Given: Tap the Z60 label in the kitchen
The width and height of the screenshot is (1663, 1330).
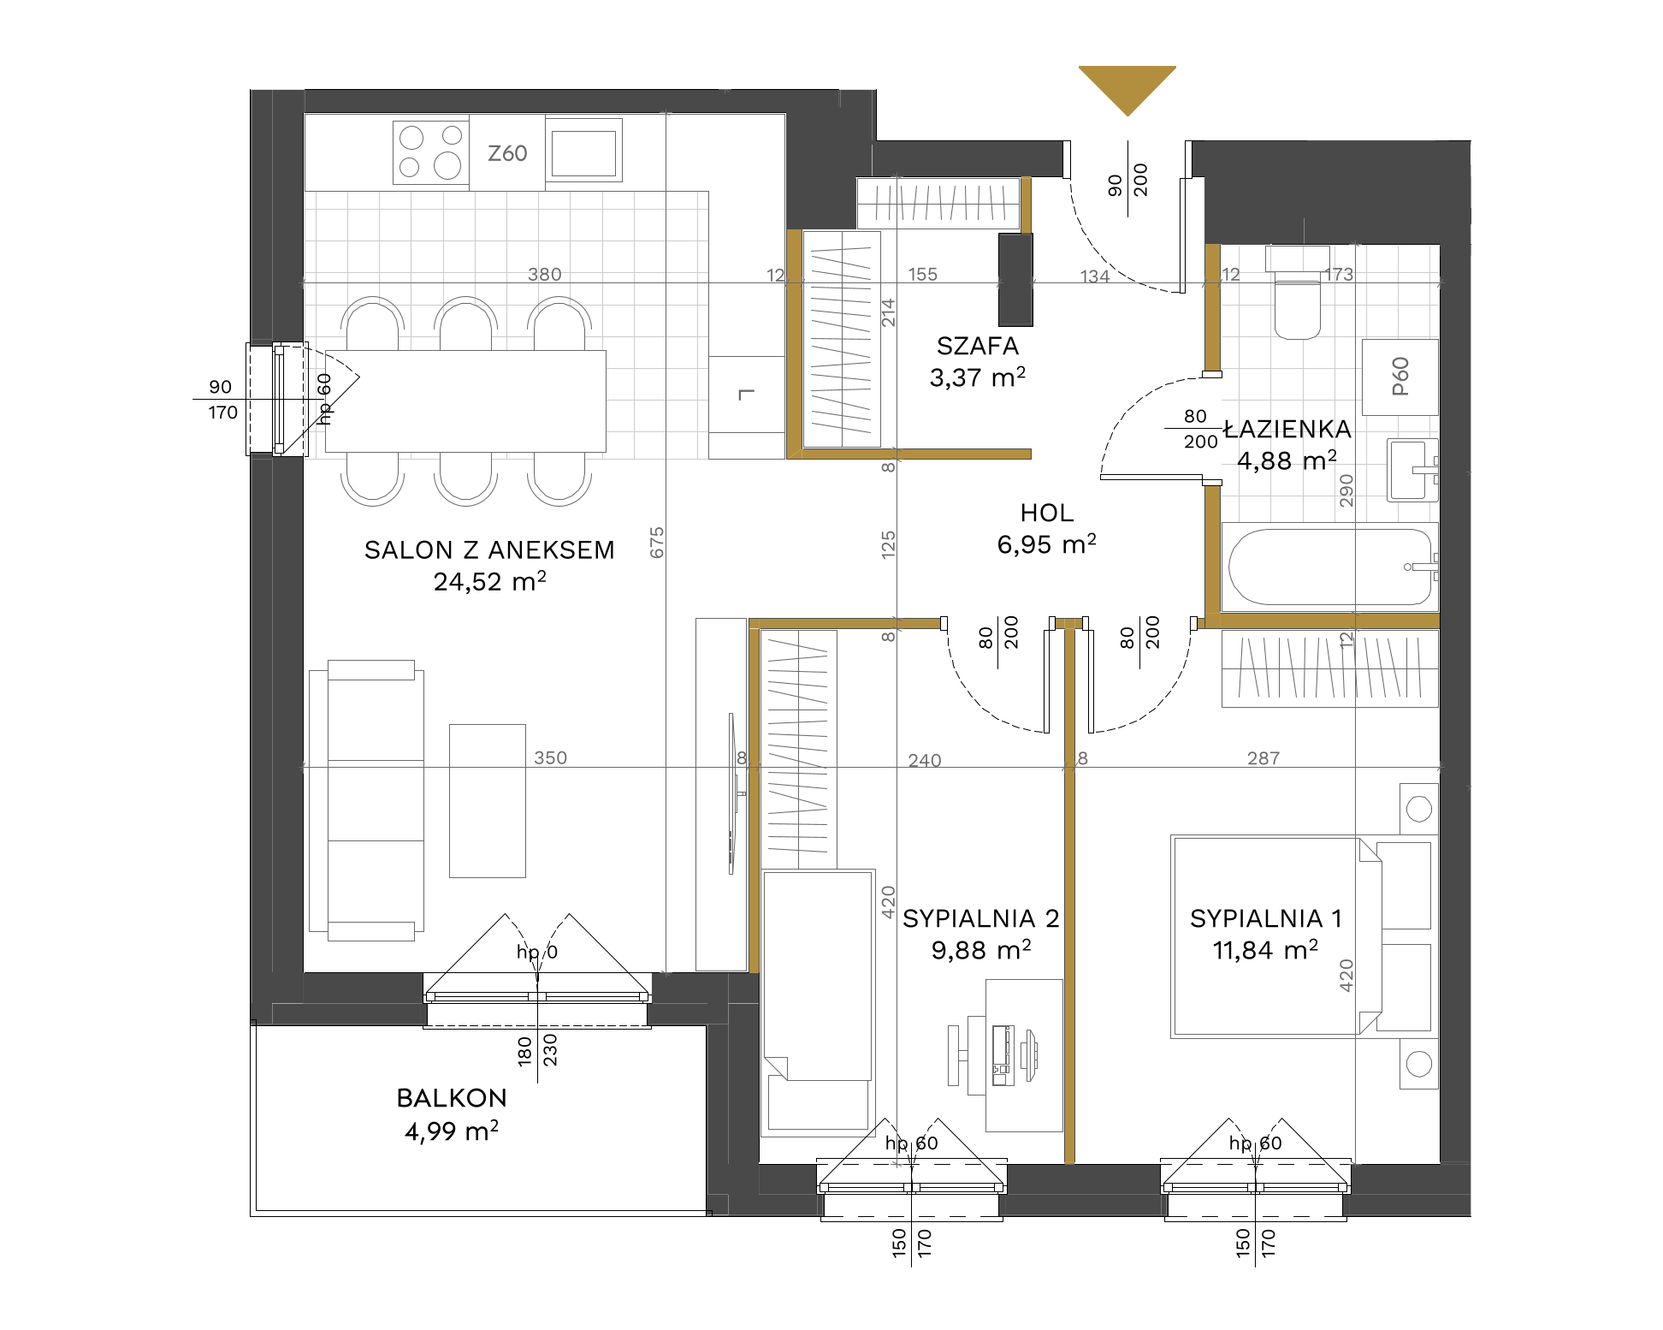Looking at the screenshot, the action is (x=507, y=153).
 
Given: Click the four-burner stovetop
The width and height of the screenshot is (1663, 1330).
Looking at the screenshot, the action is (x=431, y=151).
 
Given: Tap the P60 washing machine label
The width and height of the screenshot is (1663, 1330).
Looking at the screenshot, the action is (x=1400, y=377).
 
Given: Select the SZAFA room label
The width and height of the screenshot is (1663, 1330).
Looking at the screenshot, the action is (x=978, y=346).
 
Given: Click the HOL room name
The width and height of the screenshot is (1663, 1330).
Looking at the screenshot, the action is (x=1047, y=513).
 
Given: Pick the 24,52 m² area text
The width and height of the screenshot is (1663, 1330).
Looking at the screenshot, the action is (x=490, y=581).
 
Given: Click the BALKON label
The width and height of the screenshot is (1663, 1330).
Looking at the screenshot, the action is (x=452, y=1098).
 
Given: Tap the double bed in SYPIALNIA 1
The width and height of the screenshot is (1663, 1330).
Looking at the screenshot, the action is (x=1276, y=936).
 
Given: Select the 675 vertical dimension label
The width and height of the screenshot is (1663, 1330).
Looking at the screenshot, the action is (x=657, y=543).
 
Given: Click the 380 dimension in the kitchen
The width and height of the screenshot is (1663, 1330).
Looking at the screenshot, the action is (x=545, y=274).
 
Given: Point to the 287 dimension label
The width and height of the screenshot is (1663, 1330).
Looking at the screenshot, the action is (x=1264, y=757).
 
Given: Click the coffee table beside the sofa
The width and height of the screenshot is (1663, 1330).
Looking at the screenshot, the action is (x=488, y=801).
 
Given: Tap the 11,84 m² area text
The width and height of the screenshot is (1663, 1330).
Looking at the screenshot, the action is (x=1266, y=950).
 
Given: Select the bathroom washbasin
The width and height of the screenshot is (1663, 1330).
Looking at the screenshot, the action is (x=1412, y=470).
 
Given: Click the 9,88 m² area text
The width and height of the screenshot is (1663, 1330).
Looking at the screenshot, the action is (x=981, y=950).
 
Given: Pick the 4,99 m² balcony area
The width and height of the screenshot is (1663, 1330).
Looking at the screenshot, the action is (x=452, y=1131).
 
